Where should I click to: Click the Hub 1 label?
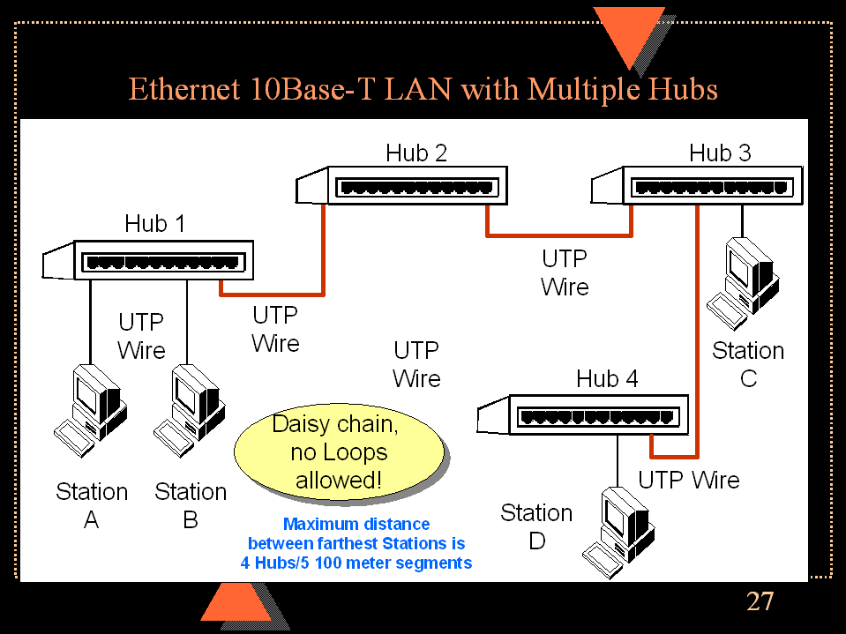(155, 224)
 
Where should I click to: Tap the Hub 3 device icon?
(697, 187)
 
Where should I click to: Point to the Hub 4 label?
(607, 379)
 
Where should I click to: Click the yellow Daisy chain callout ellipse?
(336, 451)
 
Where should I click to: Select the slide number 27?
(760, 601)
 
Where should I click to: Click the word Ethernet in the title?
(182, 90)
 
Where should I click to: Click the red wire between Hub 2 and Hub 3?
(558, 235)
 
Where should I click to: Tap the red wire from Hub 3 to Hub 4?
(698, 353)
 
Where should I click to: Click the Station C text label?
(748, 364)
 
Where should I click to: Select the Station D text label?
(536, 526)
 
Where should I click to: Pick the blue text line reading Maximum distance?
(356, 525)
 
